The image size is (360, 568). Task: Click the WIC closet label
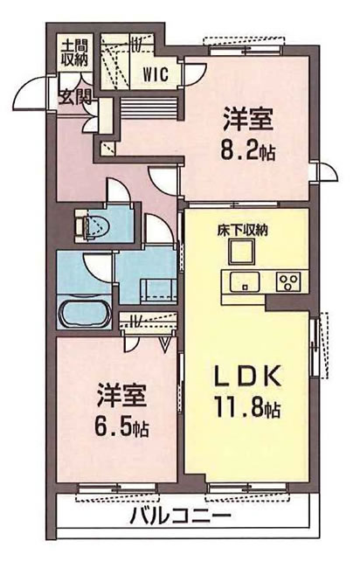[x=158, y=74]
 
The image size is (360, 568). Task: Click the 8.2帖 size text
[x=246, y=149]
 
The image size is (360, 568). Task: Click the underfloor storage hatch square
[x=241, y=252]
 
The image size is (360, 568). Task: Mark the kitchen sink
[x=242, y=281]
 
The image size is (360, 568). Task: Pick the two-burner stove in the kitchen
[x=287, y=281]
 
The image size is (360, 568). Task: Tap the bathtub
[x=84, y=312]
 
